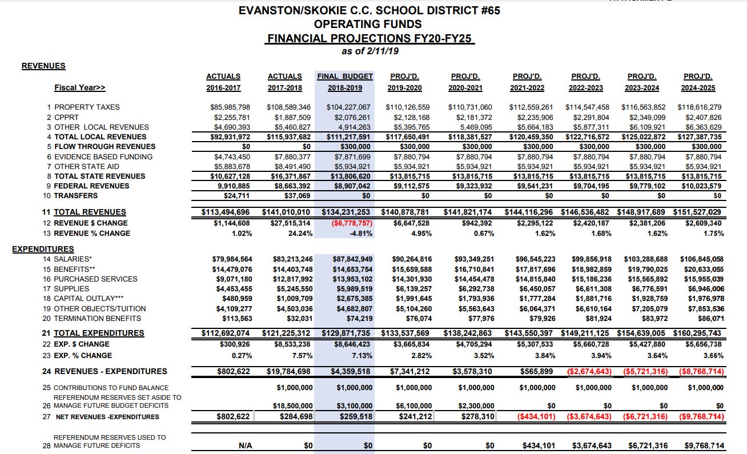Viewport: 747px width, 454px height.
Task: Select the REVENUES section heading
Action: point(43,66)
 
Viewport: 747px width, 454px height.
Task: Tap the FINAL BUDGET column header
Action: point(345,76)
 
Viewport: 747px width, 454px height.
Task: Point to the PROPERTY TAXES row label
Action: point(87,107)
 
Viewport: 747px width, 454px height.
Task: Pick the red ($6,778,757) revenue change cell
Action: point(348,223)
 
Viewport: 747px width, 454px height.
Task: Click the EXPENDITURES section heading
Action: point(43,249)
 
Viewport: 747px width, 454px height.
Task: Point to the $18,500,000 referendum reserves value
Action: point(290,405)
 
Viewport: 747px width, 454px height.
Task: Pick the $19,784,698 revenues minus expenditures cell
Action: point(290,371)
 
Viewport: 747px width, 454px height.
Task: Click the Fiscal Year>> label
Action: point(80,88)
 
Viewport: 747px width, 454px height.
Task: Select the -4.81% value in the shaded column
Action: point(360,233)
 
